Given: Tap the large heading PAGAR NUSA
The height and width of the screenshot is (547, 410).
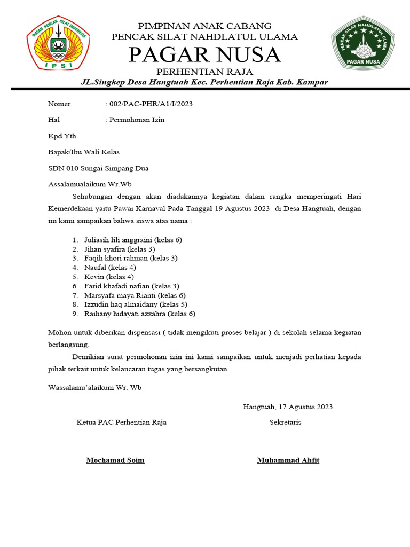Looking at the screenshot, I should (x=204, y=54).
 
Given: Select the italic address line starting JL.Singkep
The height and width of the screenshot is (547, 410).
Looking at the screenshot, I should (x=204, y=82).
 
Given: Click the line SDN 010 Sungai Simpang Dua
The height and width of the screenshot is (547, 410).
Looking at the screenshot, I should (x=98, y=168).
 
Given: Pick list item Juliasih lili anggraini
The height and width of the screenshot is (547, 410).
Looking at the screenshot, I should (x=133, y=240).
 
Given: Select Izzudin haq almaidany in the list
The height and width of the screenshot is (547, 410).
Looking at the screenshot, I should (x=132, y=304).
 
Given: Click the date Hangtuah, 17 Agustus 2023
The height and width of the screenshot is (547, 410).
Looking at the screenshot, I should (x=288, y=407).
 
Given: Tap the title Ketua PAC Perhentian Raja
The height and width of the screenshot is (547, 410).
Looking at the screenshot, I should (x=122, y=422).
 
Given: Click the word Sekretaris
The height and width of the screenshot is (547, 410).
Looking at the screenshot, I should (x=285, y=422).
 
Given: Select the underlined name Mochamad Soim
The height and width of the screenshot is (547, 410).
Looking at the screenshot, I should (x=115, y=460).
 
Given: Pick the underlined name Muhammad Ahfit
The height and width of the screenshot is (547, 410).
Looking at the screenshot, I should (x=288, y=460).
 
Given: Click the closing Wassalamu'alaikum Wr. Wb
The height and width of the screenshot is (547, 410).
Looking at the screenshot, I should (x=95, y=387).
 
